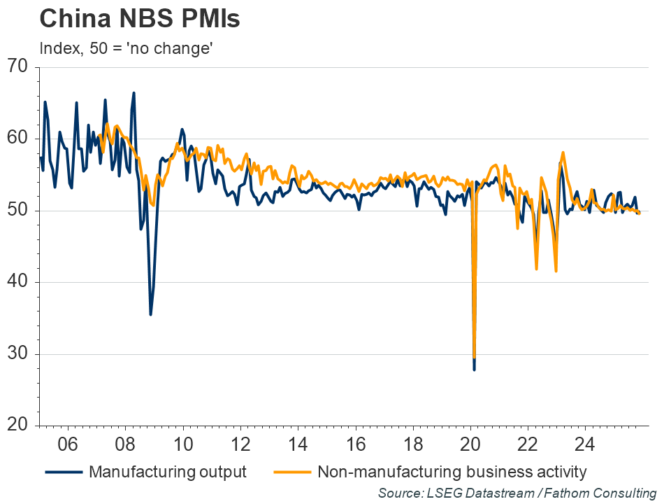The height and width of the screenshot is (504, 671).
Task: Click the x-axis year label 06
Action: pos(67,444)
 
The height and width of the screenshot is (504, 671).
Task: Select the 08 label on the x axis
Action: pos(124,444)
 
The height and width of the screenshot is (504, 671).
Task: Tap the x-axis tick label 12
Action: pos(240,444)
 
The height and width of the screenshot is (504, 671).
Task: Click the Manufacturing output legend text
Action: pos(167,472)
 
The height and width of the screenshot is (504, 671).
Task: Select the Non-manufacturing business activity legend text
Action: pos(452,472)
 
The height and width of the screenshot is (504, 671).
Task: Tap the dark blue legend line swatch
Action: pos(64,472)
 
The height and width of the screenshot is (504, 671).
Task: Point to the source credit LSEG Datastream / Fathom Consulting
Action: pos(517,493)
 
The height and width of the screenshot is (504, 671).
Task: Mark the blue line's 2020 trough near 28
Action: pos(474,369)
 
